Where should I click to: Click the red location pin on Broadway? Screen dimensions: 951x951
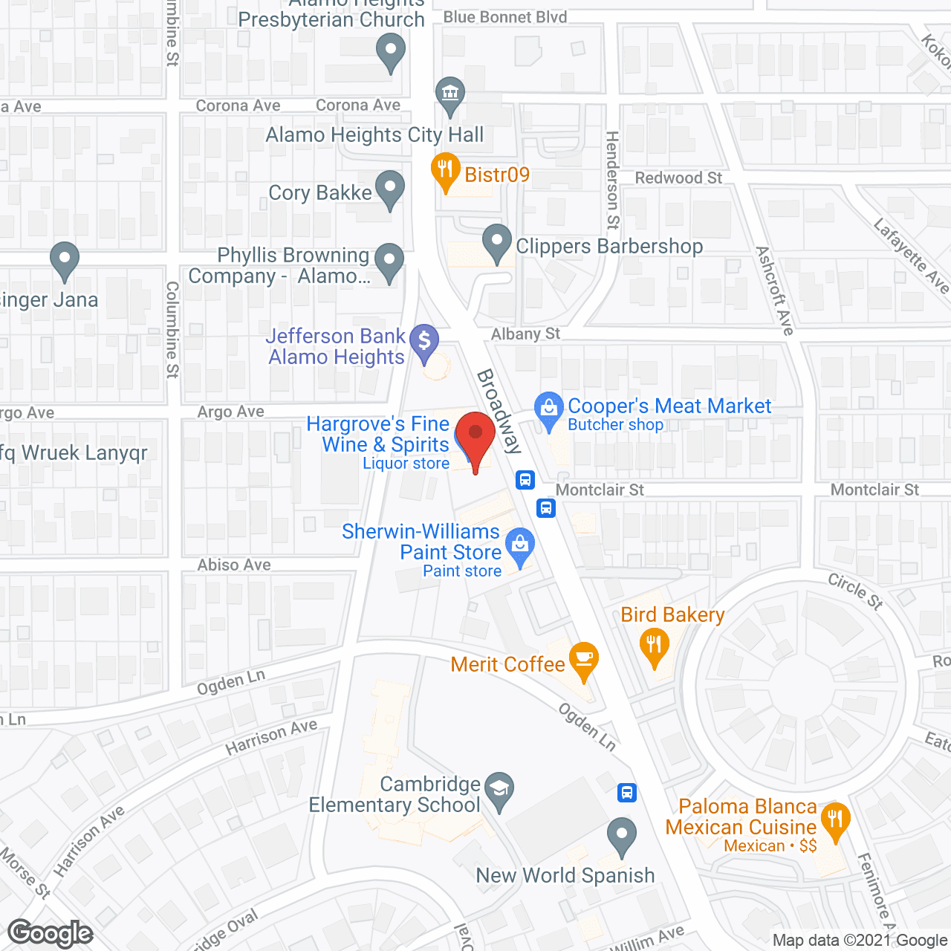coord(475,435)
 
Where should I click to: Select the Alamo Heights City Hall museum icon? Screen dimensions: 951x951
coord(450,94)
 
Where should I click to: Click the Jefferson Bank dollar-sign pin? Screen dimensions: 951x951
coord(424,343)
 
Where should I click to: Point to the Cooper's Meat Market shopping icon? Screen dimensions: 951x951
coord(549,409)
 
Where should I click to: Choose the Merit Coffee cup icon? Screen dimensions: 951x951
coord(584,660)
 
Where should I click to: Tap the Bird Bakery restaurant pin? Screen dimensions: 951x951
coord(654,645)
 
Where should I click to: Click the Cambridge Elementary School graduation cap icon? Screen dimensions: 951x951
coord(499,789)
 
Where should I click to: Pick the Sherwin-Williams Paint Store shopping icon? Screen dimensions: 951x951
coord(520,545)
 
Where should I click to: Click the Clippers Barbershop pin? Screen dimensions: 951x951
coord(497,242)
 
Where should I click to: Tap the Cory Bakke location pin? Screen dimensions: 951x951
coord(389,189)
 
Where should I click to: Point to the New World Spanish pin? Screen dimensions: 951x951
coord(622,835)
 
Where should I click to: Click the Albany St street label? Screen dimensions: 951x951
coord(525,334)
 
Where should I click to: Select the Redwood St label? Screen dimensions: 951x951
coord(678,178)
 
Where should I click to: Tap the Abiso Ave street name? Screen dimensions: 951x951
coord(234,565)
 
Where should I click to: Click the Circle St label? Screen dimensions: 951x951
coord(856,591)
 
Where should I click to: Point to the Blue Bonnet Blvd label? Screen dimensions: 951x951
coord(505,17)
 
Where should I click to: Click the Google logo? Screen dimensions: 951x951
coord(51,933)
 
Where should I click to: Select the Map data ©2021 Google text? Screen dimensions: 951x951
coord(860,941)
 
